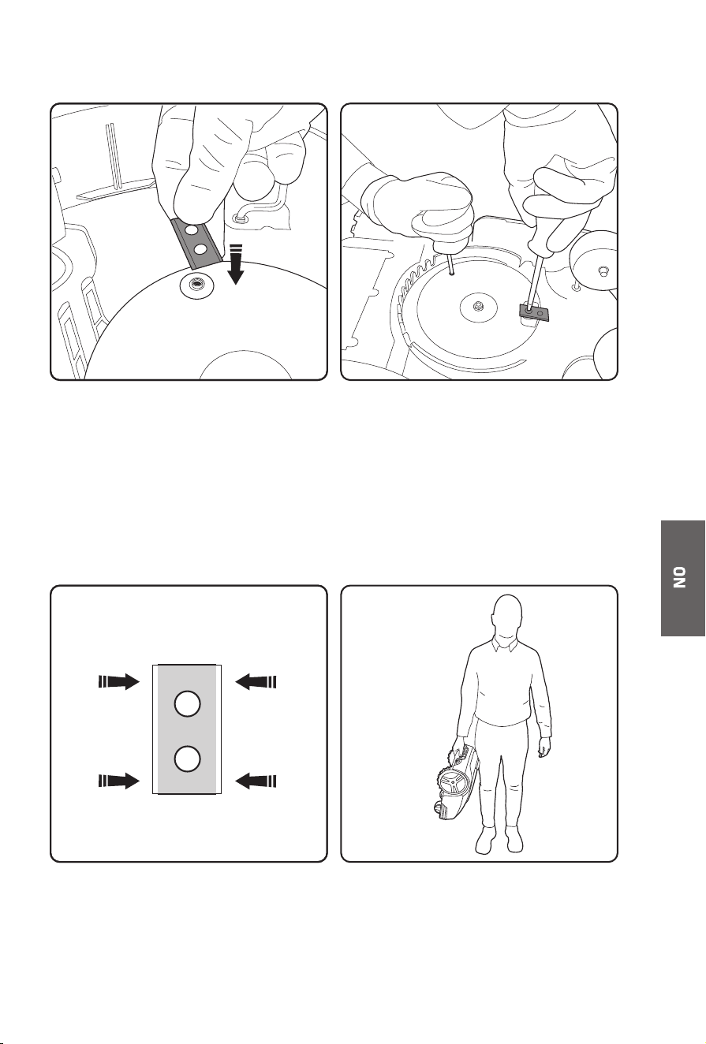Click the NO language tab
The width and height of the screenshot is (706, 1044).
click(682, 578)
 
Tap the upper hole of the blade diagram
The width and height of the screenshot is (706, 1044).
click(188, 704)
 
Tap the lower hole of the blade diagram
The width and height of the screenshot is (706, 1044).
click(188, 759)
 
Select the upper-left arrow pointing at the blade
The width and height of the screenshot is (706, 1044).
click(119, 682)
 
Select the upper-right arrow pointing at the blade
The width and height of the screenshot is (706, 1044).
click(256, 682)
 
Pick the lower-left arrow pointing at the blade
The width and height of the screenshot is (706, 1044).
click(119, 780)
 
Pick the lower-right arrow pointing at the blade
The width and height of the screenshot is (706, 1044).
click(256, 780)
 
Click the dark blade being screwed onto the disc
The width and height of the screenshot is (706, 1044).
click(534, 311)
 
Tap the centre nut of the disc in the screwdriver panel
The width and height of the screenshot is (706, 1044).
click(477, 307)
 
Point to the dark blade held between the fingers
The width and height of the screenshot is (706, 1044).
click(196, 244)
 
